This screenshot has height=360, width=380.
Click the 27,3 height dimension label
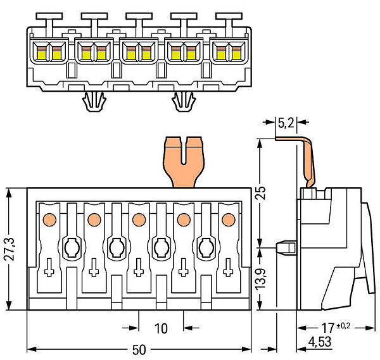(x=10, y=249)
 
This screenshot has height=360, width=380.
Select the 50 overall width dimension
(x=139, y=350)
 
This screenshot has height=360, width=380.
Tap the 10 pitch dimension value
(x=161, y=328)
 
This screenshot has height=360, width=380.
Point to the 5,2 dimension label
(x=286, y=123)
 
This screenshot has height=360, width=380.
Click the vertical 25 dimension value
(x=261, y=193)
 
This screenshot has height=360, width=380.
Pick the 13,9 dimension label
(x=261, y=278)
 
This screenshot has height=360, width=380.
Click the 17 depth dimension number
(x=327, y=328)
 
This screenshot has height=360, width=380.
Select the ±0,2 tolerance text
(x=343, y=326)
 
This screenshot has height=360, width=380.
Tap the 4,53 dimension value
(x=320, y=342)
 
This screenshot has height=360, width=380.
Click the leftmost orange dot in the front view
(x=49, y=220)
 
